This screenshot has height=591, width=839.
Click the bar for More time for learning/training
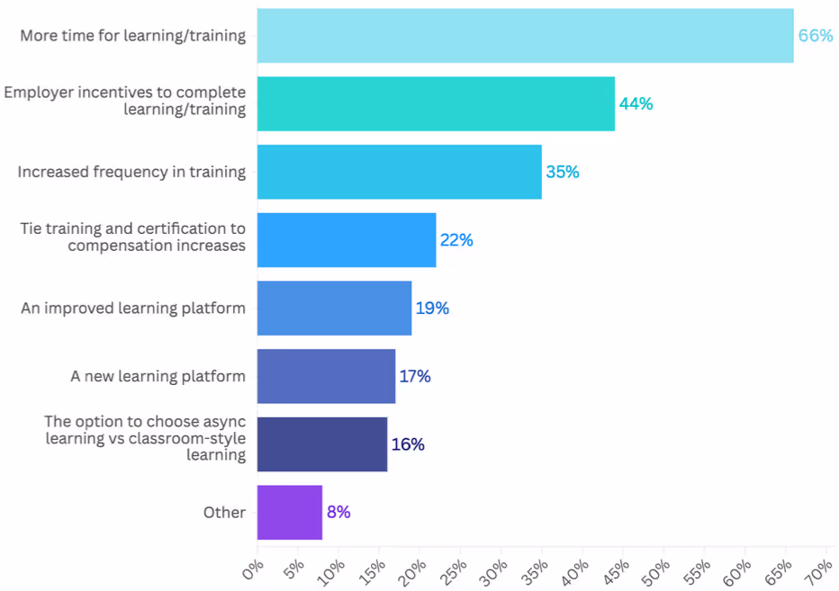click(525, 36)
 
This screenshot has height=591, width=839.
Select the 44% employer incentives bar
click(436, 103)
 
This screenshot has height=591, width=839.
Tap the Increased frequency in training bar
click(399, 172)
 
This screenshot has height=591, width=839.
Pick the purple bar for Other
click(289, 513)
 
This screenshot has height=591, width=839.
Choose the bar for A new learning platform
click(326, 376)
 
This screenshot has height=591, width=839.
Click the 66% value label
click(816, 36)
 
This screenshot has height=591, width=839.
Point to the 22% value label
click(456, 240)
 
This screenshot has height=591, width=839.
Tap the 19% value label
click(432, 309)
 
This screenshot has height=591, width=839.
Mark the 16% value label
click(408, 444)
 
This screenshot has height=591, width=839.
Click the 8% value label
click(338, 513)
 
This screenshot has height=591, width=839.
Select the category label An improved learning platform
click(133, 309)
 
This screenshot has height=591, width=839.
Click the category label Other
click(224, 513)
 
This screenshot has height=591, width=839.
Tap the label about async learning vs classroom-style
click(144, 438)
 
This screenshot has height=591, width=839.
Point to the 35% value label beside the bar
click(563, 172)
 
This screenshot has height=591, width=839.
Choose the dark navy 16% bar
click(321, 444)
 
